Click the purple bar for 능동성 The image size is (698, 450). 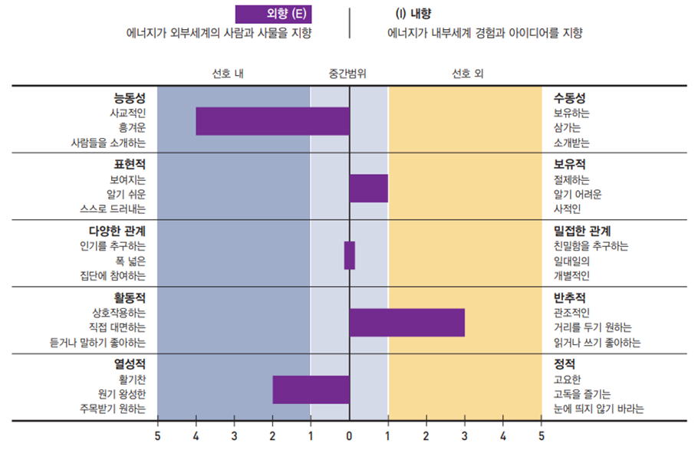click(272, 121)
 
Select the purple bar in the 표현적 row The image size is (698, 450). click(369, 189)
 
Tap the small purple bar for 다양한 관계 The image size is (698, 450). click(349, 255)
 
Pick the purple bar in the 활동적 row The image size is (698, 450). click(407, 322)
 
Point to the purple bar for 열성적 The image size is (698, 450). click(311, 389)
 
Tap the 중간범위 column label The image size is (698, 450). click(348, 74)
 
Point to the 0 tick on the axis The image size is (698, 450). click(350, 437)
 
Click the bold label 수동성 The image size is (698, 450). click(569, 98)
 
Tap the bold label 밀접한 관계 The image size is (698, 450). click(582, 231)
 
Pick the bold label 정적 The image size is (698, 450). click(564, 363)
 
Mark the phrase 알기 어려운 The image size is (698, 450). click(577, 195)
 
